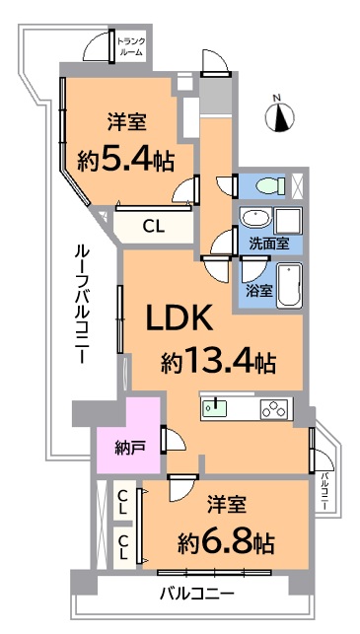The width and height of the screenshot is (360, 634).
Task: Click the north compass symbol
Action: coord(279,116)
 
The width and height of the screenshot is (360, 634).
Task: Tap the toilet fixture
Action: coord(270,186)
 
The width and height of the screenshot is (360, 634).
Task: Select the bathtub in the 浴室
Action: coord(290,286)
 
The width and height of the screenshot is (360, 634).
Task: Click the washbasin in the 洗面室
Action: coord(254,219)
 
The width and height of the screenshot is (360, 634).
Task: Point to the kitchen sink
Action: coord(215,408)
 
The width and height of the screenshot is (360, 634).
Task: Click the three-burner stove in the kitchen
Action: coord(275,408)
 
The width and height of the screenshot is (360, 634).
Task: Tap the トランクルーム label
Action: coord(130,46)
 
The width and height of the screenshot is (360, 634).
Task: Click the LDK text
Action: coord(180,318)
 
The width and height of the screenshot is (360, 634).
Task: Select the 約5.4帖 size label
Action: coord(126,162)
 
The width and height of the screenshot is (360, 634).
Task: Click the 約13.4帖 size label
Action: coord(219,362)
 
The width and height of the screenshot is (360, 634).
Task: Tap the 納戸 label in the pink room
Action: coord(128,449)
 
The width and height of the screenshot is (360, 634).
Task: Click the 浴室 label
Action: coord(258,291)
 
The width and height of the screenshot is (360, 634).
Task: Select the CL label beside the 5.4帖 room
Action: coord(153,227)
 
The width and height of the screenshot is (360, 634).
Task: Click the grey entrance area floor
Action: coord(216,96)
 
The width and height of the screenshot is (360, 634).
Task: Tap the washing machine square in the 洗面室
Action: coord(288,220)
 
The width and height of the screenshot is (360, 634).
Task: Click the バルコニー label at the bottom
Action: coord(197,594)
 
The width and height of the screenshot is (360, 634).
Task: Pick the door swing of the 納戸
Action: coord(176,440)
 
